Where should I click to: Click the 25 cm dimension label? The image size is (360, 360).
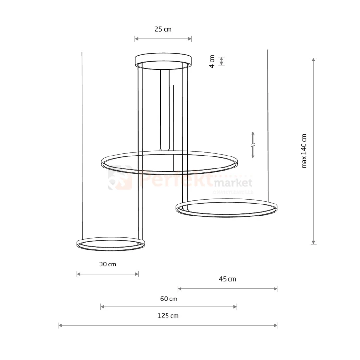(x=163, y=29)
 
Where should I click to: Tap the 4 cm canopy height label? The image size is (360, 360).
(x=212, y=61)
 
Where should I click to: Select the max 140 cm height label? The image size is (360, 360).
(x=304, y=151)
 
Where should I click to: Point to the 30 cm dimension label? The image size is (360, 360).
(x=108, y=264)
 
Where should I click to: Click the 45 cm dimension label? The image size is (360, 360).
(x=228, y=279)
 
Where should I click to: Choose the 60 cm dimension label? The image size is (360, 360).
(x=168, y=299)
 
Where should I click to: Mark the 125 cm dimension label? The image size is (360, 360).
(x=168, y=316)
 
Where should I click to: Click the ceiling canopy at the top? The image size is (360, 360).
(x=163, y=60)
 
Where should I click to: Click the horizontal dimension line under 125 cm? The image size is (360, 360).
(x=168, y=325)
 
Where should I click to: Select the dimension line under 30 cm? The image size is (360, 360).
(x=108, y=274)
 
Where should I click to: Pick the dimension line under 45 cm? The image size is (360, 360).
(x=228, y=288)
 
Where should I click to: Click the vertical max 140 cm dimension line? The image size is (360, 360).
(x=314, y=151)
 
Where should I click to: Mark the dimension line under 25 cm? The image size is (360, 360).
(x=163, y=39)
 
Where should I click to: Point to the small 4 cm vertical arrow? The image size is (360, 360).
(x=221, y=61)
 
